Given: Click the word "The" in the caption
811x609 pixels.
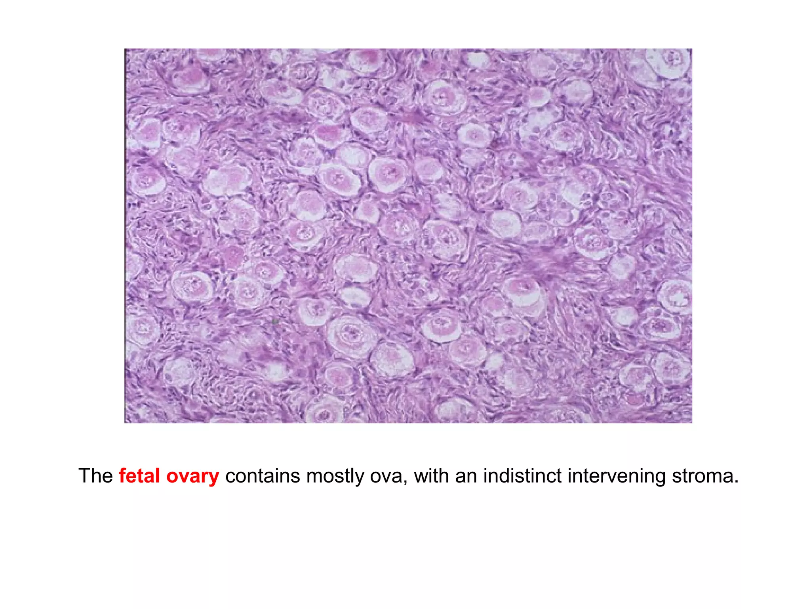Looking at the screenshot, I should (95, 476).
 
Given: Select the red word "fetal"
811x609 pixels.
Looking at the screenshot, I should (139, 476).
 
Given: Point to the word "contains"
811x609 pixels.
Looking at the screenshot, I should (262, 476).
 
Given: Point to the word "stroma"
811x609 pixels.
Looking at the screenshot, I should (701, 476).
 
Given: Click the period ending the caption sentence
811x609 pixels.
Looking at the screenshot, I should (736, 482).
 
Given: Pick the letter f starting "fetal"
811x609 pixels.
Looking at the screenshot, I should (122, 475).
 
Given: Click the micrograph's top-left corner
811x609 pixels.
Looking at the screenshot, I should (125, 49).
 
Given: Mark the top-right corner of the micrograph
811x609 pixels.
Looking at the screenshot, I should (692, 49).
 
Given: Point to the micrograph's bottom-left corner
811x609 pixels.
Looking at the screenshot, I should (125, 423).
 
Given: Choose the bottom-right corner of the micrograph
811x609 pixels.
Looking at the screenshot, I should (692, 423).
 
